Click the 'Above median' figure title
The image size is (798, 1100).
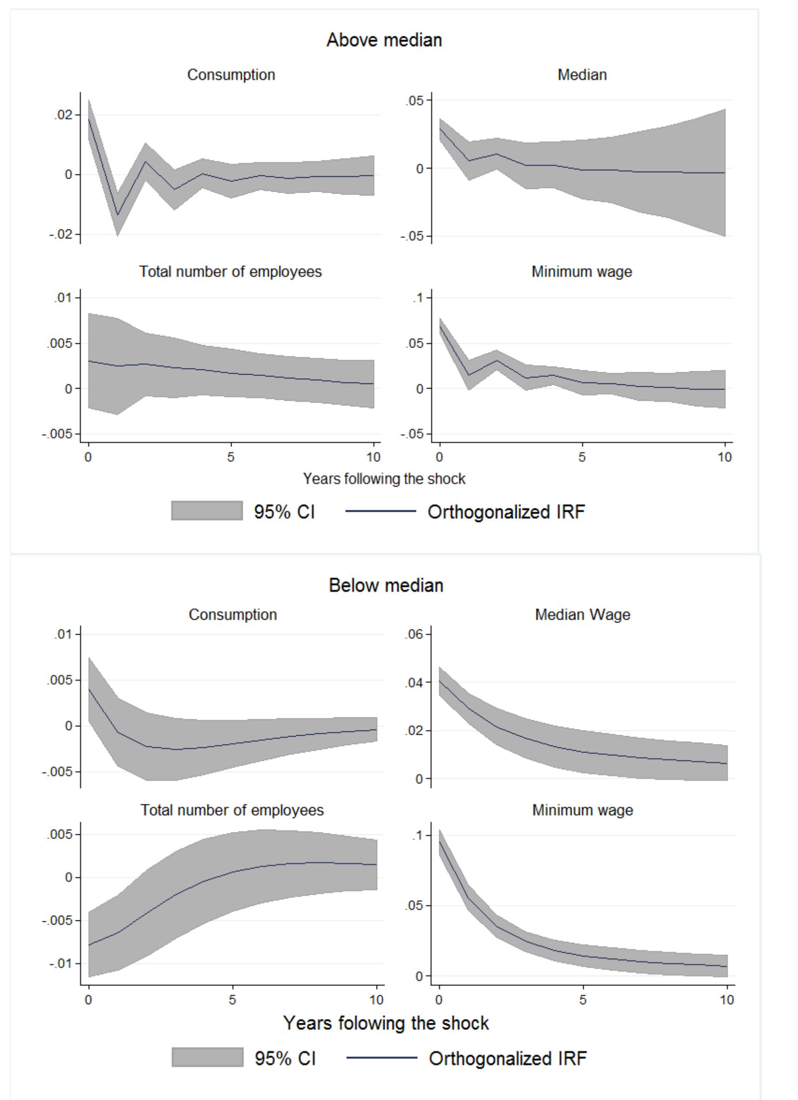tap(384, 40)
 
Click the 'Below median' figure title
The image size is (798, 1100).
tap(386, 585)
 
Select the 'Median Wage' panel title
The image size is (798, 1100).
tap(582, 615)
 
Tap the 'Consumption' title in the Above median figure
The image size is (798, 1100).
tap(231, 75)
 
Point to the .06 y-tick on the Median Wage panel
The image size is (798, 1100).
tap(413, 634)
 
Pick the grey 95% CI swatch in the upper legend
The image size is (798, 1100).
tap(206, 511)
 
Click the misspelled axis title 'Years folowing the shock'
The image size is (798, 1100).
tap(386, 1023)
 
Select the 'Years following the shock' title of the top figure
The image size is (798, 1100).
tap(384, 479)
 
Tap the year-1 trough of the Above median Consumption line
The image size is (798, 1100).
tap(117, 215)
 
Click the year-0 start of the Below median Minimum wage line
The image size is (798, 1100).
tap(439, 841)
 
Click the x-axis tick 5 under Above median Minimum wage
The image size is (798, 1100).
tap(582, 457)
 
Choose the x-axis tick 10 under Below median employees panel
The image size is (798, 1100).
tap(376, 999)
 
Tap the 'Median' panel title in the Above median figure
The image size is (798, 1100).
tap(582, 75)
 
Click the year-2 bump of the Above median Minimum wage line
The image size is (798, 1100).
tap(497, 360)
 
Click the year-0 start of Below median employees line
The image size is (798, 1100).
tap(89, 944)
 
